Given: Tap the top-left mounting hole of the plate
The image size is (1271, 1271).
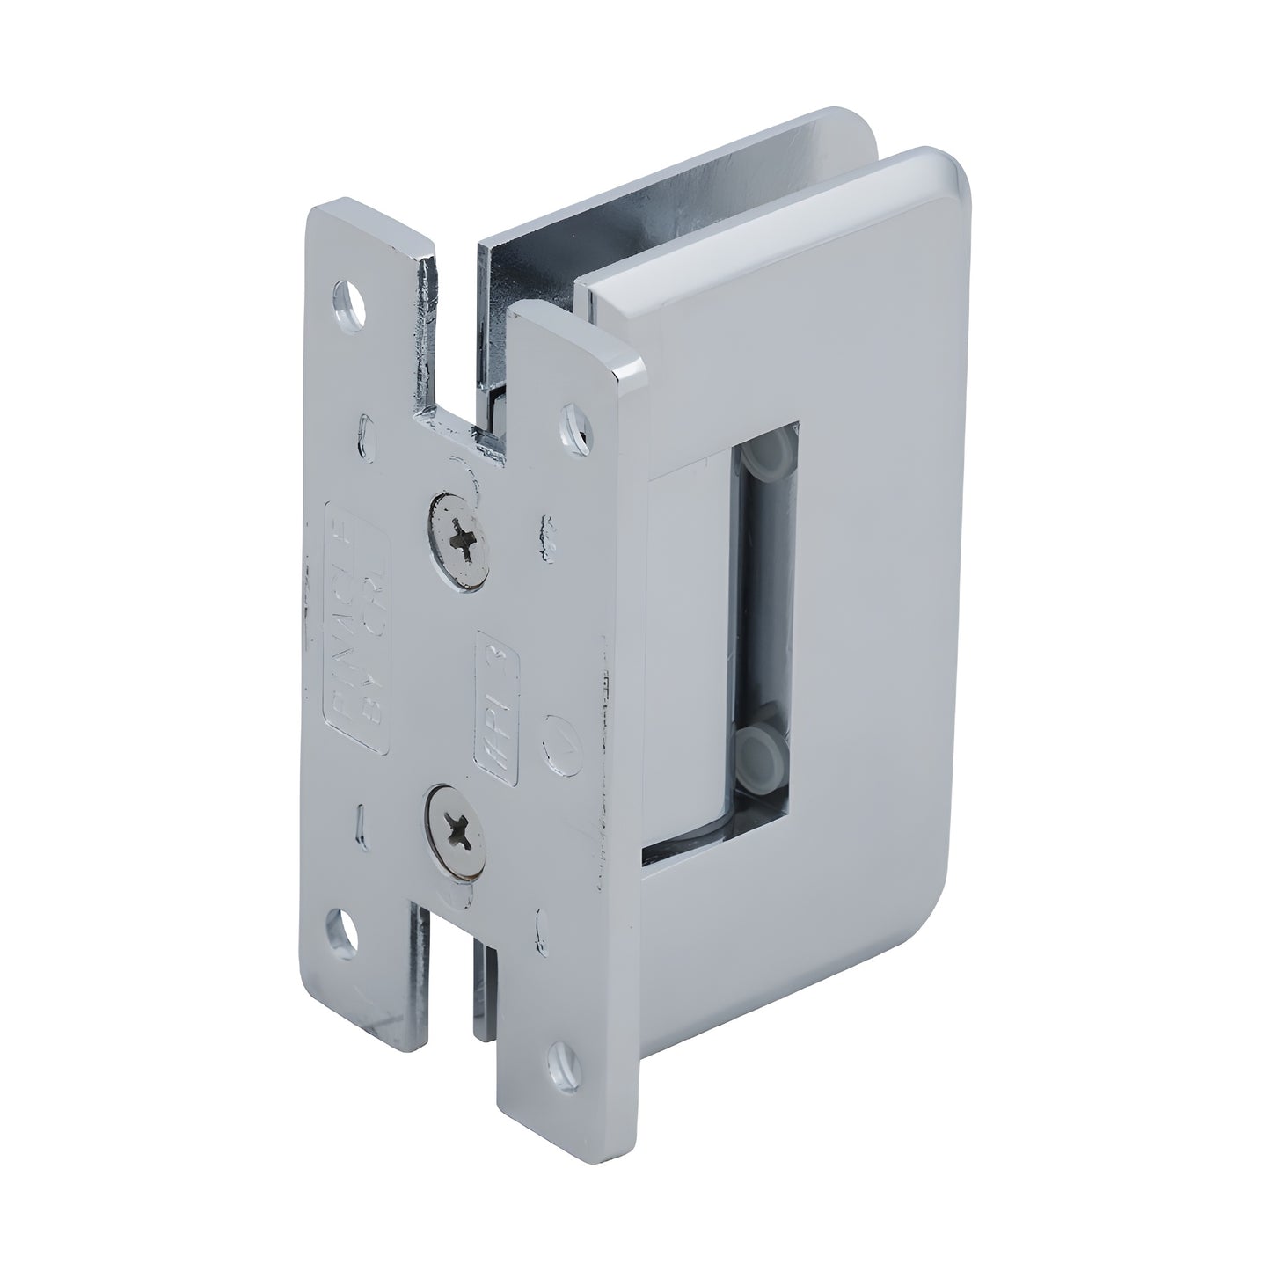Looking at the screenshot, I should (x=351, y=300).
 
